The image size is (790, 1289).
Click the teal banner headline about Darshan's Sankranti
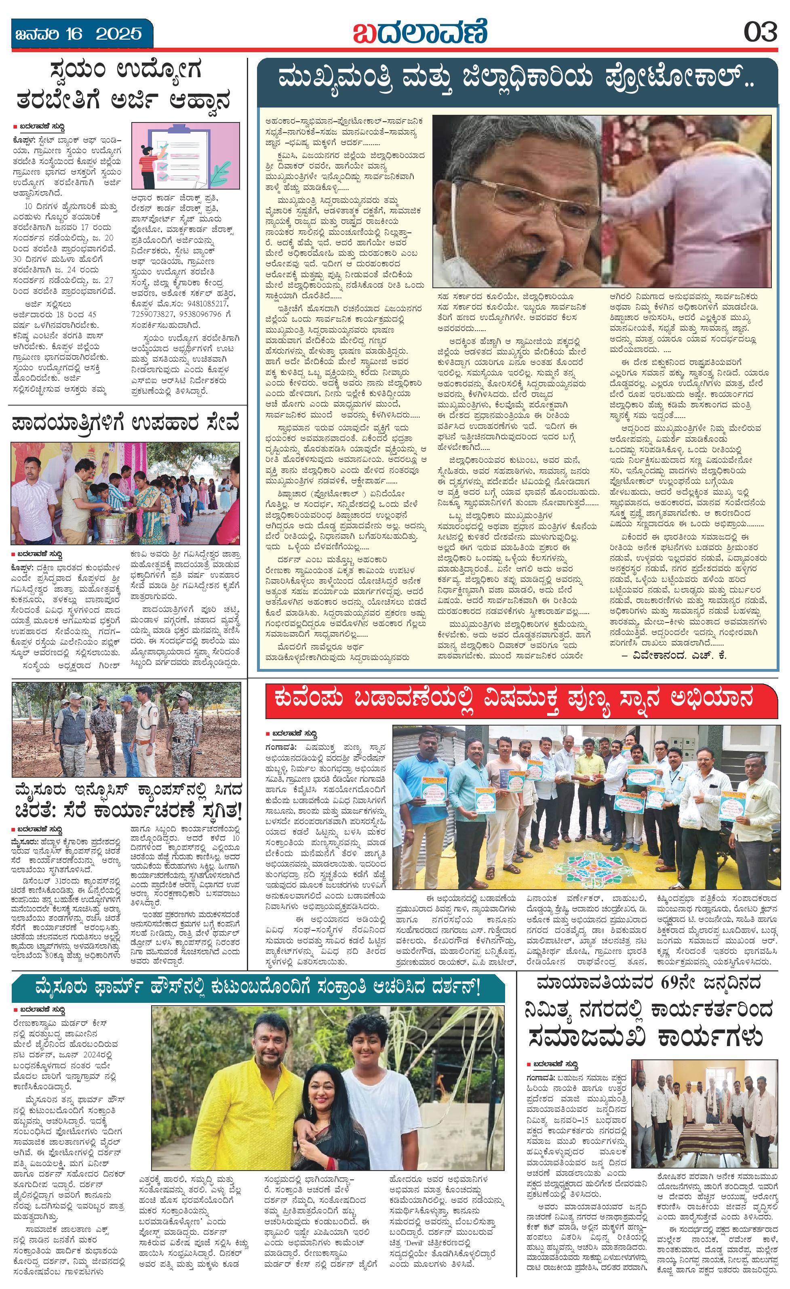(258, 990)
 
